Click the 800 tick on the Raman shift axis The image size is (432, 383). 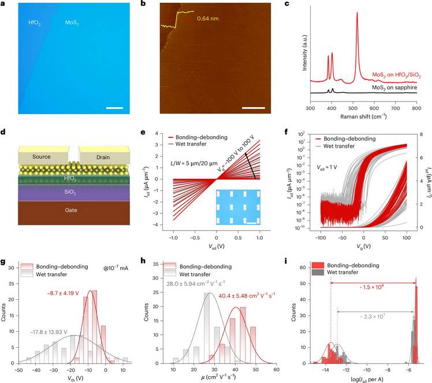(x=416, y=108)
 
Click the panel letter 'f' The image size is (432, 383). (x=297, y=132)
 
